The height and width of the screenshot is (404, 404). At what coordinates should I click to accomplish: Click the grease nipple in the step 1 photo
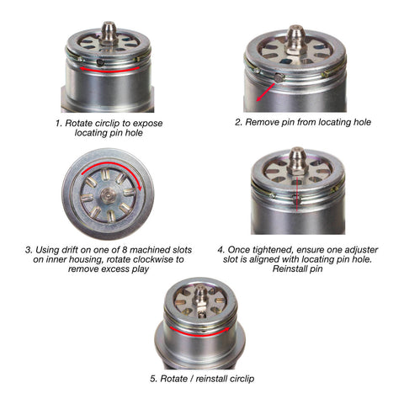(108, 32)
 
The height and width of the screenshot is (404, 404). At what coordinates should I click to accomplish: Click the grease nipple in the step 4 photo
(298, 161)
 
